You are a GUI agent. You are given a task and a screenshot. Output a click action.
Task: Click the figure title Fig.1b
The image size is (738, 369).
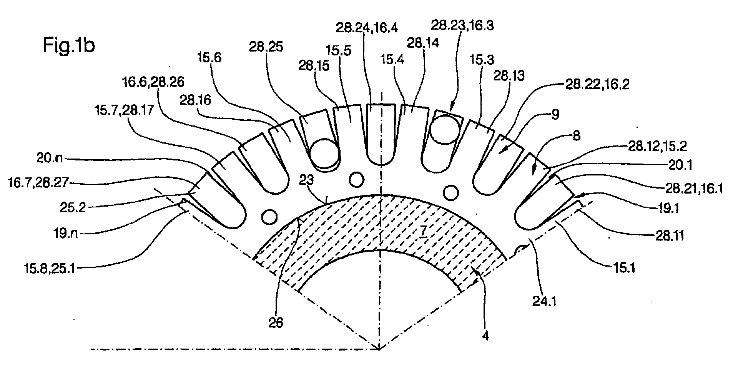68,46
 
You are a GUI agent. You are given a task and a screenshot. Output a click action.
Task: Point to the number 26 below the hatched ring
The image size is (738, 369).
276,322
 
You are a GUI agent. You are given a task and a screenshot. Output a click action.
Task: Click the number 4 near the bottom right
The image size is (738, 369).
485,336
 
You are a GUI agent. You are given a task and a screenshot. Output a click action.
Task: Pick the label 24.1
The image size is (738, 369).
545,302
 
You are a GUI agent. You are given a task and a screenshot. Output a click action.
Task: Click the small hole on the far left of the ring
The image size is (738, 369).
269,217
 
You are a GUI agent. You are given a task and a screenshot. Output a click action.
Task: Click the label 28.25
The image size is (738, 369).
266,47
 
